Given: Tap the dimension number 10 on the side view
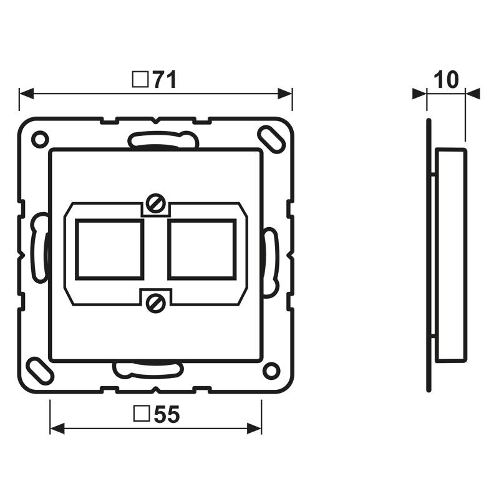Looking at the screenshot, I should pyautogui.click(x=446, y=80).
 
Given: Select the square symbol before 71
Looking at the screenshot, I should pyautogui.click(x=141, y=79).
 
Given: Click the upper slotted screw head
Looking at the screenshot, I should pyautogui.click(x=156, y=203).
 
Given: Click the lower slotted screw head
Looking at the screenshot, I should pyautogui.click(x=156, y=303).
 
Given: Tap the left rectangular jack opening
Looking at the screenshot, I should pyautogui.click(x=110, y=249).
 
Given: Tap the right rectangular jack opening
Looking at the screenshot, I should pyautogui.click(x=201, y=249).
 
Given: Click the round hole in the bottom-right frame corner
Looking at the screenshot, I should pyautogui.click(x=271, y=371).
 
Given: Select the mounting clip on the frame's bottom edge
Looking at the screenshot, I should pyautogui.click(x=147, y=369).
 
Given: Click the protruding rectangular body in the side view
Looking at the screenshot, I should pyautogui.click(x=450, y=254).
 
